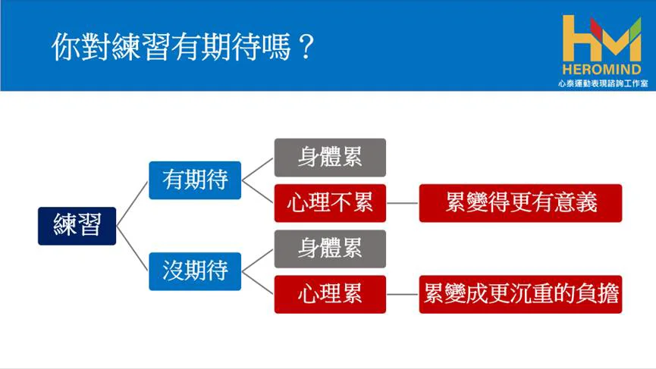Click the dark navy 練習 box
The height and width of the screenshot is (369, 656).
[77, 226]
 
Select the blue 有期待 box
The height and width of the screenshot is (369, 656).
[195, 180]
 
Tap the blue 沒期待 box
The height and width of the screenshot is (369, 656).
[195, 271]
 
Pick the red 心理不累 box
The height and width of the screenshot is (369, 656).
[330, 203]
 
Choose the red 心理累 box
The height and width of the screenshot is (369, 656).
[330, 294]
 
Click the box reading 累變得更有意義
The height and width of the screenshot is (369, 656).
[520, 203]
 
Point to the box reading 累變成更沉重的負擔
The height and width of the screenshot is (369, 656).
[520, 294]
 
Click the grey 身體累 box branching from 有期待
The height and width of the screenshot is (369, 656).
[330, 158]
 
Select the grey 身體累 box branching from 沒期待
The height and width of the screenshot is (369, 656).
[330, 249]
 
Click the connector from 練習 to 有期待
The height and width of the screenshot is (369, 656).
[132, 204]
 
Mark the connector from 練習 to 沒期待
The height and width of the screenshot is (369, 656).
[132, 249]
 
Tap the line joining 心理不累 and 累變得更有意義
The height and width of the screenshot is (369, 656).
[403, 203]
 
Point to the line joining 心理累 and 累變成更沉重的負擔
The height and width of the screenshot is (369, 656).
[403, 294]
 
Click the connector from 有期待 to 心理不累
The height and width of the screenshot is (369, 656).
[258, 192]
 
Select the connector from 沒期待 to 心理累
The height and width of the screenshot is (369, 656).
[258, 283]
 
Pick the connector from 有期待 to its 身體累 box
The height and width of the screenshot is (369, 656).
[258, 169]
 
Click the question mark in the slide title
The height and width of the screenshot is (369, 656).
[306, 47]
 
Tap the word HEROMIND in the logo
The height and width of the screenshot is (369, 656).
[601, 69]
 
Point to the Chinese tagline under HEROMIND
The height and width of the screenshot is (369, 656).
[603, 83]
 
